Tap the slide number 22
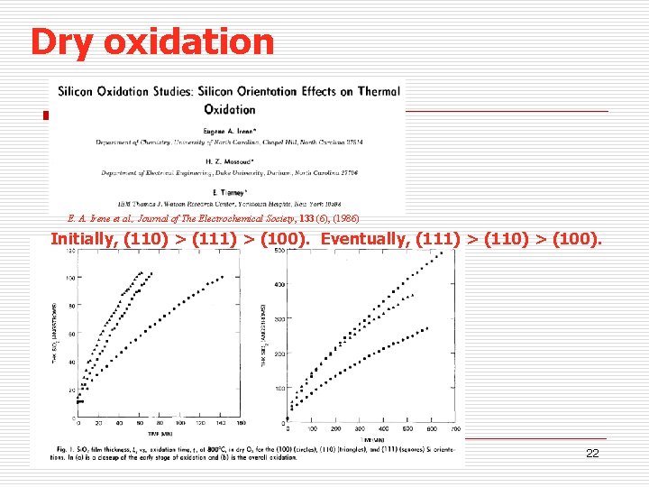[592, 454]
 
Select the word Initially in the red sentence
[87, 239]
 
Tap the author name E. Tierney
[226, 191]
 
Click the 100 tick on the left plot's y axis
[70, 277]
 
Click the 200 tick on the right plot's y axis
[279, 354]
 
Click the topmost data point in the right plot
[442, 253]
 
